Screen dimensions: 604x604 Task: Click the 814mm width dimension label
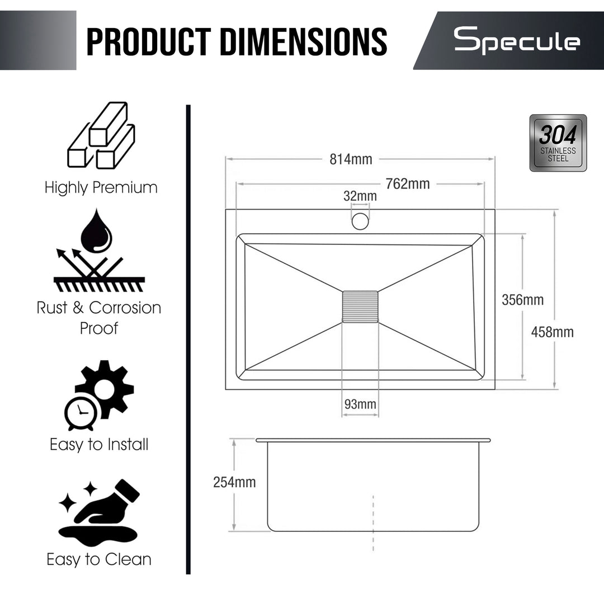pos(351,159)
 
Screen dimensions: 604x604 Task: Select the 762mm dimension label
pos(408,184)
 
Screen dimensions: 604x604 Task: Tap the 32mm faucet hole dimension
pos(360,196)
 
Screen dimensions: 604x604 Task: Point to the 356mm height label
pos(522,300)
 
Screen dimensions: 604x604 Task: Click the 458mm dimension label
pos(552,332)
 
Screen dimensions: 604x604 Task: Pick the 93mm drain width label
pos(360,404)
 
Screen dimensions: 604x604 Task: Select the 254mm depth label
pos(234,482)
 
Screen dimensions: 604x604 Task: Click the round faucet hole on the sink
pos(360,221)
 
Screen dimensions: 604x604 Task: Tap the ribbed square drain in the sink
pos(360,306)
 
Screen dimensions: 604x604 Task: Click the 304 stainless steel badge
pos(558,143)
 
